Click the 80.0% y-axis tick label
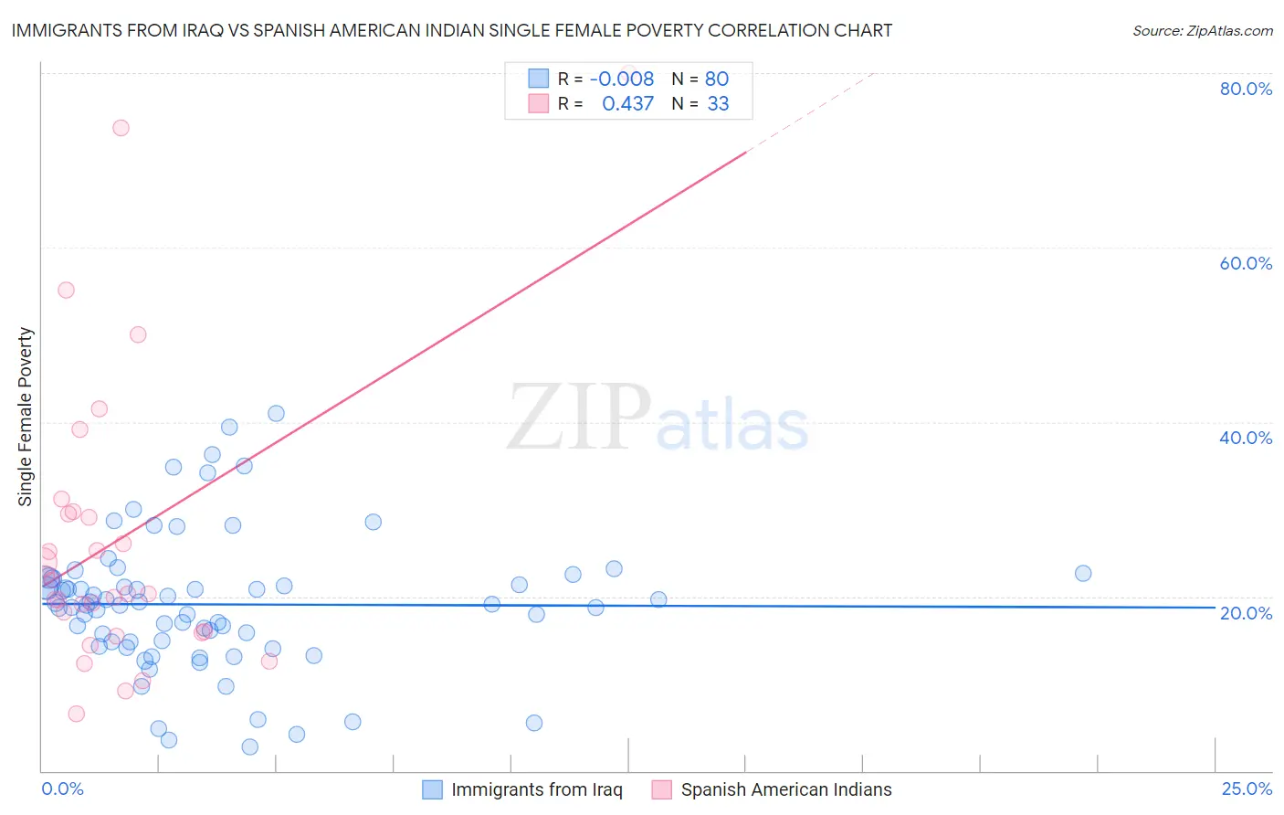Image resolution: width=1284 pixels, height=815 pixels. click(1246, 89)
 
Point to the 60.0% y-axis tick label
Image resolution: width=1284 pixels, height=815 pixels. click(1246, 263)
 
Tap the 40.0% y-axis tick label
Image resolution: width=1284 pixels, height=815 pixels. click(1246, 438)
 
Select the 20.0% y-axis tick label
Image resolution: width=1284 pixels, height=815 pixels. click(1246, 613)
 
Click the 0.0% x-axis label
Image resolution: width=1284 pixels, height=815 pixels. click(62, 789)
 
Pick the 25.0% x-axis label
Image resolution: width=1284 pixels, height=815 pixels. click(1247, 789)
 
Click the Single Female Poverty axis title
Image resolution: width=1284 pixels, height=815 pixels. click(26, 417)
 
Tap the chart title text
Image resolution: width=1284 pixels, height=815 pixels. click(452, 30)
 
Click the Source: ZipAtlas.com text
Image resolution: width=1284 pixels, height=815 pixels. click(1202, 30)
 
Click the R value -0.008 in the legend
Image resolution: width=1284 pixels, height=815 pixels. click(621, 79)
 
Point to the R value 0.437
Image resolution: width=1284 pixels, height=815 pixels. click(627, 104)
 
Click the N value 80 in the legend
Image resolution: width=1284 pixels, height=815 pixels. click(716, 79)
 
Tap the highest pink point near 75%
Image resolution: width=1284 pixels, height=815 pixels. click(121, 128)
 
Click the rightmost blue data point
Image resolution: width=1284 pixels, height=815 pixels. click(1083, 574)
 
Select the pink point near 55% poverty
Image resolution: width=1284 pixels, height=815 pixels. click(66, 291)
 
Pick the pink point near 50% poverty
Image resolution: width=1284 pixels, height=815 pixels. click(138, 334)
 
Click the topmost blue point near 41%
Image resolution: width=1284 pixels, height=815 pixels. click(276, 414)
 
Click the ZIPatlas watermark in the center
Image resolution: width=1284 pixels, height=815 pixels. click(658, 418)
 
